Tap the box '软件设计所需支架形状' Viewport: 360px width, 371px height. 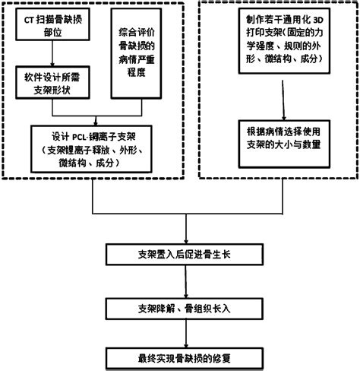(52, 82)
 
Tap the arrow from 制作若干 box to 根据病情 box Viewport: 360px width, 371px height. (283, 95)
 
